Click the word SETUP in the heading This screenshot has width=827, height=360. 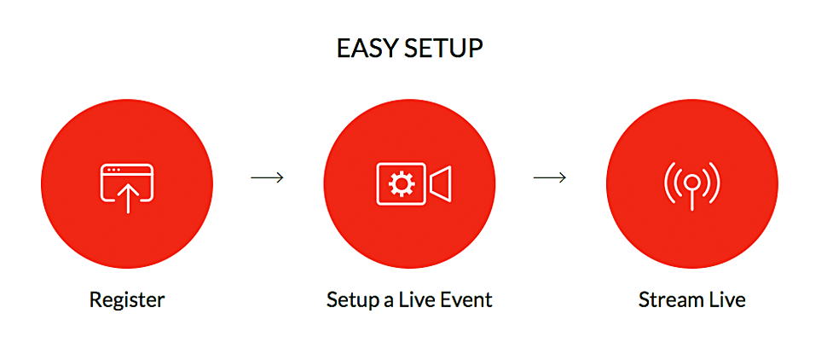[x=444, y=49]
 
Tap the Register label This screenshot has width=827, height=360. [x=127, y=300]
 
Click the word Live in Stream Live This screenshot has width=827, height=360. [x=726, y=299]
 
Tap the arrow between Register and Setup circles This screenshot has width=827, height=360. [x=267, y=178]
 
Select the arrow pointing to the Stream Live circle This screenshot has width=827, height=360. [x=550, y=178]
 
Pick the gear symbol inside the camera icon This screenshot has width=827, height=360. [x=402, y=183]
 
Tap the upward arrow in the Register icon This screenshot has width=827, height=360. [x=127, y=198]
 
